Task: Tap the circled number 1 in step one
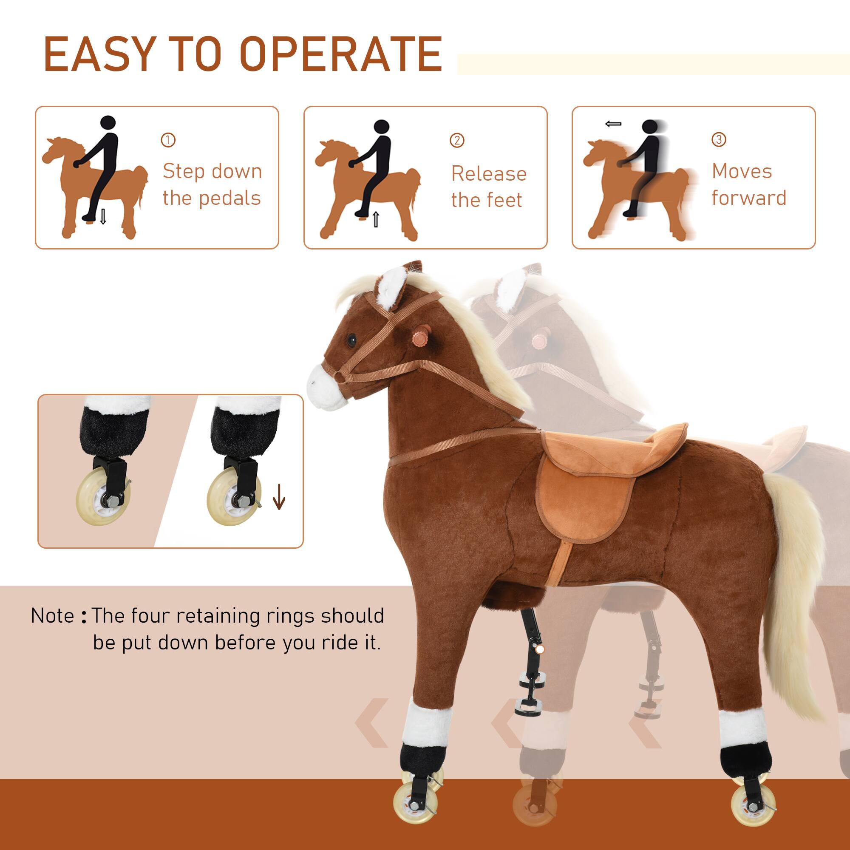click(168, 140)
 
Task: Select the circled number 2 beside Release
click(457, 140)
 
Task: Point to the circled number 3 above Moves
click(719, 140)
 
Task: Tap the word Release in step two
click(489, 174)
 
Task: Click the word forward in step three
click(749, 198)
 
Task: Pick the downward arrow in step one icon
click(103, 217)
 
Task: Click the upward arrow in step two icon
click(375, 218)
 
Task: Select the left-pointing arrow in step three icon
click(613, 125)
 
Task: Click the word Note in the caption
click(52, 616)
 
